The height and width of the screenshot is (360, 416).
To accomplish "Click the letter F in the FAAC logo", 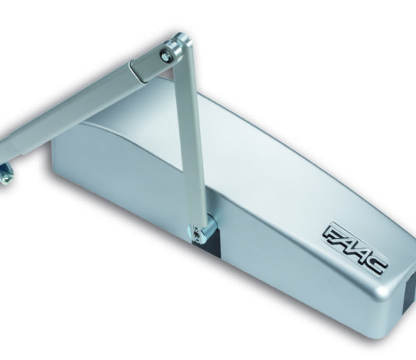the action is click(333, 235).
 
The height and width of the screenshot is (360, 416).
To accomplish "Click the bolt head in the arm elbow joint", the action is click(165, 56).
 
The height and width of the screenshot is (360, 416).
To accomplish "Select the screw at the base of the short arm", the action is click(196, 235).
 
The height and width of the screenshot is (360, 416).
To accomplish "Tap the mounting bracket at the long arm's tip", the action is click(5, 175).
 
